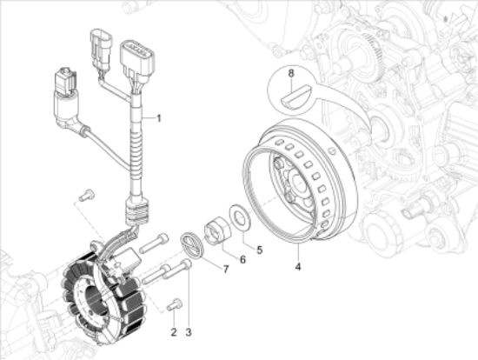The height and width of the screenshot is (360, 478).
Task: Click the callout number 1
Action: coord(158,117)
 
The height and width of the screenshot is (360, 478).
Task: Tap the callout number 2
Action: coord(173,332)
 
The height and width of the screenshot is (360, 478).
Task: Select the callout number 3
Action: coord(188,332)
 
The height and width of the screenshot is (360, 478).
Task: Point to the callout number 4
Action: coord(298,267)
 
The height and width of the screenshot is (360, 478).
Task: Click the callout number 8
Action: coord(292,74)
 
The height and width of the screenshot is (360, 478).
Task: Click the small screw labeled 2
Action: coord(173,304)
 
